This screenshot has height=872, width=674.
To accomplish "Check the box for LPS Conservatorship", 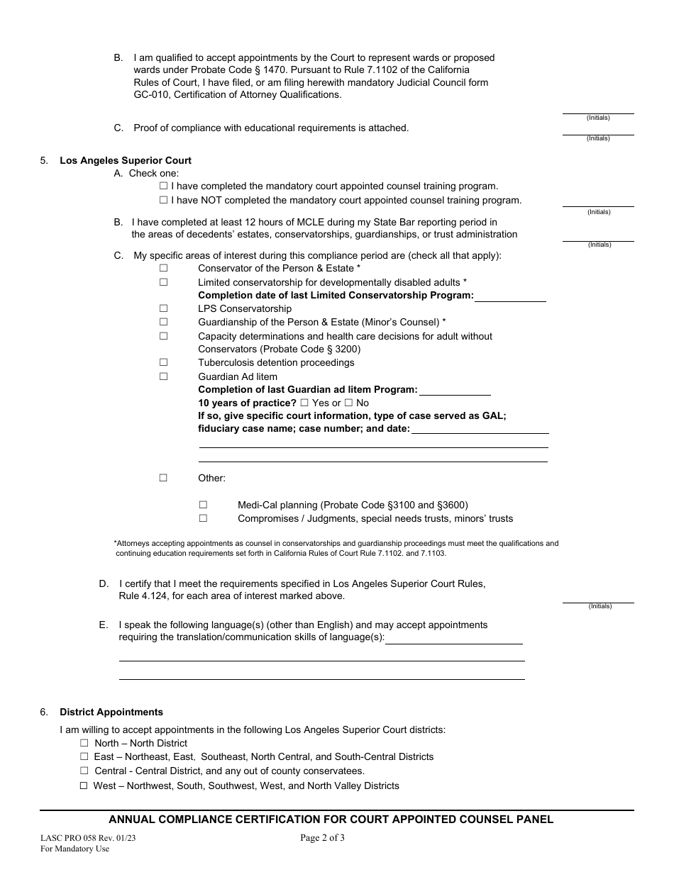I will (163, 308).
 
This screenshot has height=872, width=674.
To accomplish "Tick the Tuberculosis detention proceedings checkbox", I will (163, 362).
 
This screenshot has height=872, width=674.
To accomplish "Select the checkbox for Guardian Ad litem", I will (163, 376).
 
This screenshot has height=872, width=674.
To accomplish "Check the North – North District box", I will (84, 743).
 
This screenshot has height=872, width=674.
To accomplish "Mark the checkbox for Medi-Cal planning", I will (203, 505).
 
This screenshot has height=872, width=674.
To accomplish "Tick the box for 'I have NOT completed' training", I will (164, 200).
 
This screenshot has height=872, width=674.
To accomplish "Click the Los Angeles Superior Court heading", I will (126, 160).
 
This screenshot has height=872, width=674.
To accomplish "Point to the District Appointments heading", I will (111, 712).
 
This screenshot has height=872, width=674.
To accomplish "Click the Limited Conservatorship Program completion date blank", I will (510, 296).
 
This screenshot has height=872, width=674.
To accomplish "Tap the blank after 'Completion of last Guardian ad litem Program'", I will (455, 390).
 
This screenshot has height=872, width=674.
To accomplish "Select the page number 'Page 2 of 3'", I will (323, 837).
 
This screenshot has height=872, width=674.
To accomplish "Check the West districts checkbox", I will (84, 786).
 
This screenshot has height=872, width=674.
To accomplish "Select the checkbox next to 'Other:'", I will (163, 478).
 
